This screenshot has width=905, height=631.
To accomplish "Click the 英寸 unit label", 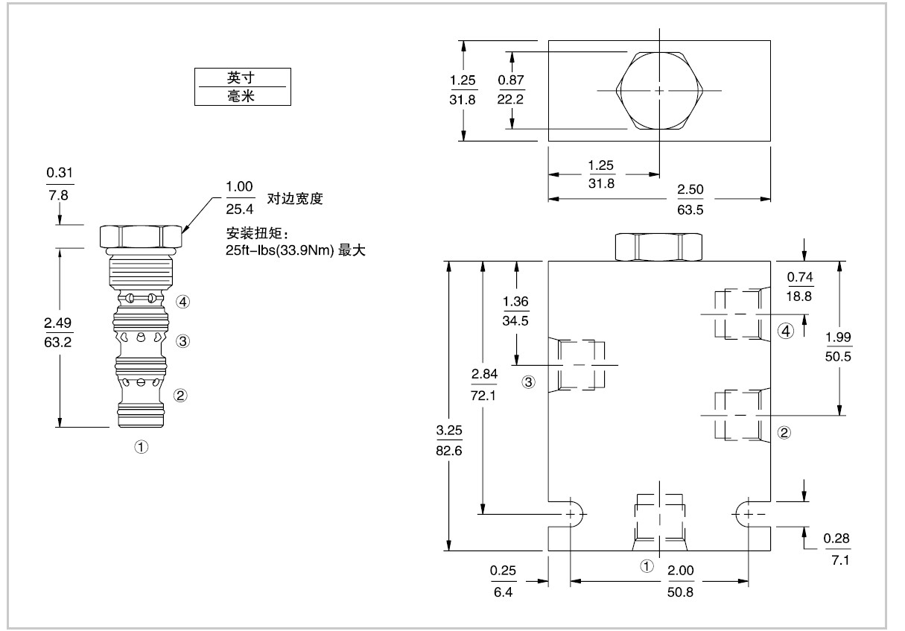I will pos(240,77).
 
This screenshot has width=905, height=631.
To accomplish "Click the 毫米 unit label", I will pos(240,95).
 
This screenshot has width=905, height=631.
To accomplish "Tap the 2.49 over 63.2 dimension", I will pos(57,333).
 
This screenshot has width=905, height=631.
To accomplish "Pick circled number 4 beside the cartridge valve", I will pos(184,302).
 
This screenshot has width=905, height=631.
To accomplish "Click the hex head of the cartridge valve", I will pos(141,236).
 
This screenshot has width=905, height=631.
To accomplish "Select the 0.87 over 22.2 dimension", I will pos(511,90).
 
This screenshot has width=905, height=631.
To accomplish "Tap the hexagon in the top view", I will pos(660,91).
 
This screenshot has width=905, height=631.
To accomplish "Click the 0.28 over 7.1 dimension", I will pos(839,550).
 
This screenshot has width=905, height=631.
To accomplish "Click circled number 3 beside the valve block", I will pos(528,383).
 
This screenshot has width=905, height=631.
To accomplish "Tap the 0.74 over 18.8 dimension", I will pos(801,287).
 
